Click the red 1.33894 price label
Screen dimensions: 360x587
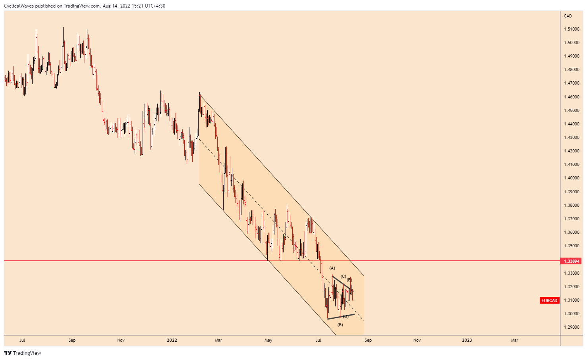570,261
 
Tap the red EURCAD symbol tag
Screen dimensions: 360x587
549,300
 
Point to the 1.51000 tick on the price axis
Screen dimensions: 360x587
571,29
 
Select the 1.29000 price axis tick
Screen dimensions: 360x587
571,327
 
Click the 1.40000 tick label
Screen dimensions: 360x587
571,178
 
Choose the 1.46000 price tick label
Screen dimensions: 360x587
571,97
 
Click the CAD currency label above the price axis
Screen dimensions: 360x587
568,16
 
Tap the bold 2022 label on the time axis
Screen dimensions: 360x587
172,340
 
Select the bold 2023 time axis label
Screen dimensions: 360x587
467,340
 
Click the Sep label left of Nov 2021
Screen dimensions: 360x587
72,340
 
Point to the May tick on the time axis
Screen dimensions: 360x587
268,340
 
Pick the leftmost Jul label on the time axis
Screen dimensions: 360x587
22,340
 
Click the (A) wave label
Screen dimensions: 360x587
332,268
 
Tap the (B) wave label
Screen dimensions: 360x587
340,325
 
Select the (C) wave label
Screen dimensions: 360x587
344,276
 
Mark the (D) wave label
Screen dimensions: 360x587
346,316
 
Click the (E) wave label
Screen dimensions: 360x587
349,280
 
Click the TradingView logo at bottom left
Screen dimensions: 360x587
23,353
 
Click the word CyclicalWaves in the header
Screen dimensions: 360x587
18,6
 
